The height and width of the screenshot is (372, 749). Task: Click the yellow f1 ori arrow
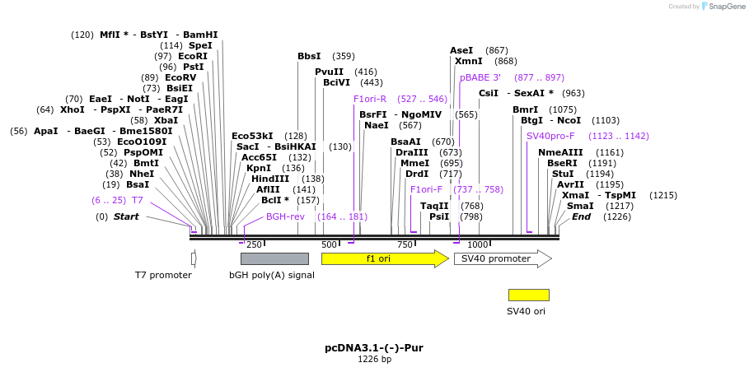(x=384, y=258)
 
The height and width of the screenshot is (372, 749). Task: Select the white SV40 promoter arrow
(x=502, y=258)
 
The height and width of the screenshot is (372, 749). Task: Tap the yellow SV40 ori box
(x=528, y=295)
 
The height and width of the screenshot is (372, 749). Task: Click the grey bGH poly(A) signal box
(x=269, y=258)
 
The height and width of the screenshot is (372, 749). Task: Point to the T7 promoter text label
(x=163, y=275)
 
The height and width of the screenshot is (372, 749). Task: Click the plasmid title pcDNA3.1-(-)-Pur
(x=374, y=348)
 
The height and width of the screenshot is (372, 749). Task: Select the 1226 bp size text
(x=374, y=360)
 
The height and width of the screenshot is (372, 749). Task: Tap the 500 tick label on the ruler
(x=329, y=244)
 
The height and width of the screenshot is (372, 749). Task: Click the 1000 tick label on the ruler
(x=478, y=244)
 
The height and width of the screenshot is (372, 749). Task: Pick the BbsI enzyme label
(x=309, y=56)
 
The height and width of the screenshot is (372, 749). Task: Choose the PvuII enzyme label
(x=329, y=72)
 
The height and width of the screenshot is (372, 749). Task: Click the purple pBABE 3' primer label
(x=480, y=77)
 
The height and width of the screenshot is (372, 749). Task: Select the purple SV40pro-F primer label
(x=550, y=136)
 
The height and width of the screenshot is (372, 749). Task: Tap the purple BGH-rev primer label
(x=285, y=216)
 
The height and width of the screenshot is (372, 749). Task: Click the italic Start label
(x=126, y=216)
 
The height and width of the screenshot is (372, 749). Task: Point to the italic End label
(x=581, y=216)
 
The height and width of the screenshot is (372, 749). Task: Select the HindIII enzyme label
(x=270, y=179)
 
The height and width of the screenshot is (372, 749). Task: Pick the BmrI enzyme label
(x=525, y=109)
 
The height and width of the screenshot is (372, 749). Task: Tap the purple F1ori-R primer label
(x=370, y=99)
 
